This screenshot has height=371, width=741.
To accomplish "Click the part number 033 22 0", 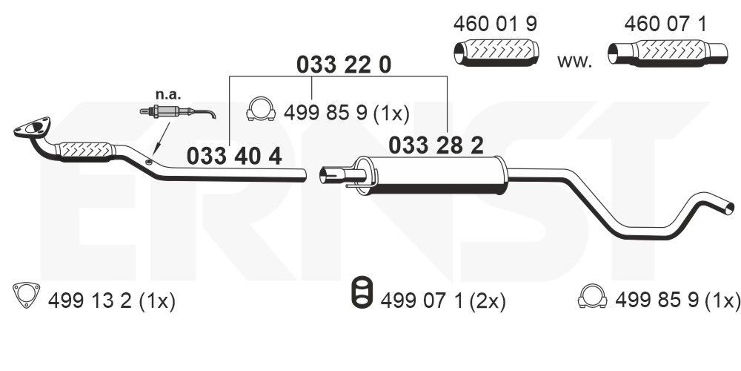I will [343, 65].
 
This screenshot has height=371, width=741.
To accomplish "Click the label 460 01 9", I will [494, 24].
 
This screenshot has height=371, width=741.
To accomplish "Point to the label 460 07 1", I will [665, 24].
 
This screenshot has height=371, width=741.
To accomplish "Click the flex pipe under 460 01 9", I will [494, 53].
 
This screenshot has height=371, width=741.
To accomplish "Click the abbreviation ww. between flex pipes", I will [574, 61].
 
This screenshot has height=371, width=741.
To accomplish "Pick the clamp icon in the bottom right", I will [593, 297].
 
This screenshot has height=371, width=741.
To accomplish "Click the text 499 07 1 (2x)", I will [442, 301].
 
